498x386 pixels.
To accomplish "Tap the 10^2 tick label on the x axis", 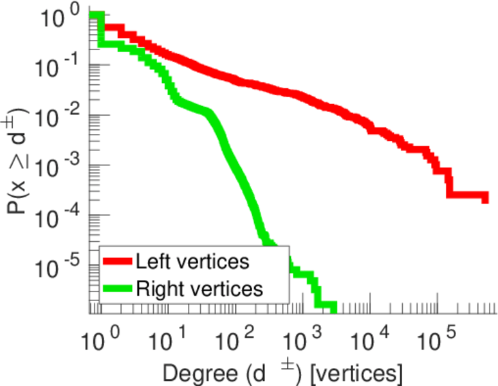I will click(234, 336).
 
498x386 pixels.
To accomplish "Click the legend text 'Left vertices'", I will click(192, 262).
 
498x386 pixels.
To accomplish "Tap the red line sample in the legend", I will click(117, 262).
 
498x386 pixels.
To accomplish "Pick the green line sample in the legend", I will click(117, 289).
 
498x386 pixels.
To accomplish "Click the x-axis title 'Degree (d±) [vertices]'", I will click(283, 372).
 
